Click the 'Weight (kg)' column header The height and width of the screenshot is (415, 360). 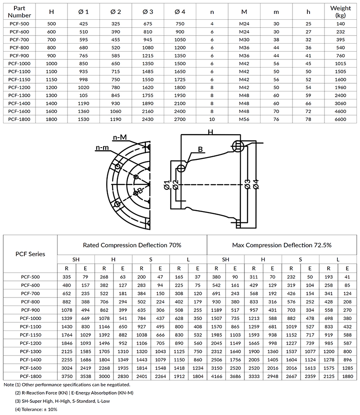341,11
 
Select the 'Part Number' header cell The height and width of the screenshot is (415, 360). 19,11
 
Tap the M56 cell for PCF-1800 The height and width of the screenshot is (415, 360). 243,120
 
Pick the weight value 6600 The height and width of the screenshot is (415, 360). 341,120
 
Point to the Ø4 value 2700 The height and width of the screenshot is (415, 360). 180,120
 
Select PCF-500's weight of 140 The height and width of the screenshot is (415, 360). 341,23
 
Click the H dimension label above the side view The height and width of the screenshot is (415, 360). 210,132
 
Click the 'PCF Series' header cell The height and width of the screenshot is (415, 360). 31,254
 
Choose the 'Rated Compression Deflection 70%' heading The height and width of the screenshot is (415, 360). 132,245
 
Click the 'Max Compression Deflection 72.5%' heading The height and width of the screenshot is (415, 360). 282,245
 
